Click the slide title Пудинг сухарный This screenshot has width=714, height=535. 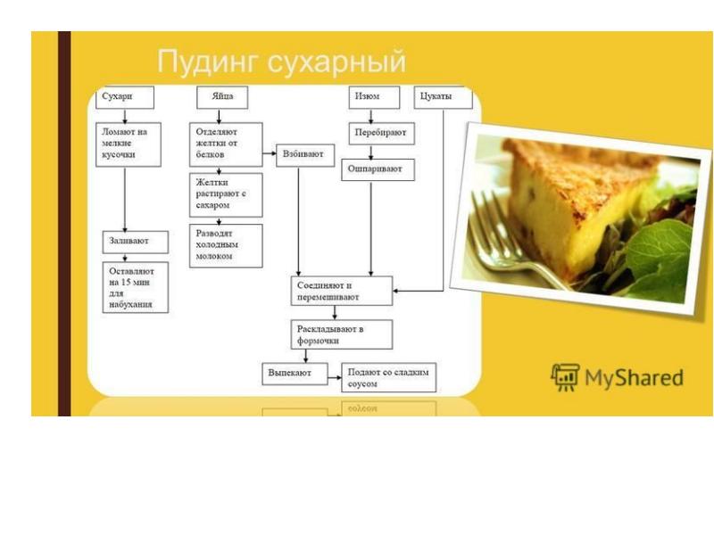[281, 62]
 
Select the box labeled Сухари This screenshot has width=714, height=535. [125, 97]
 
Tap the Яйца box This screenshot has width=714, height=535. [222, 97]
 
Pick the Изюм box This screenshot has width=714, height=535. [374, 97]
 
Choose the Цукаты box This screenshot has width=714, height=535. [443, 97]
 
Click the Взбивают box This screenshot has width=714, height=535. [305, 155]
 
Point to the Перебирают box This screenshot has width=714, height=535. [382, 133]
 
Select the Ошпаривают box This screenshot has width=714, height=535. [378, 169]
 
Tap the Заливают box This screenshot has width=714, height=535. [136, 242]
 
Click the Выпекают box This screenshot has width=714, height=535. [295, 374]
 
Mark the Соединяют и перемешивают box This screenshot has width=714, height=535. [342, 291]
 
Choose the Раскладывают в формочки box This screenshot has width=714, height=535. [342, 334]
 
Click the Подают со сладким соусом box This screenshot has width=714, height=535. [389, 377]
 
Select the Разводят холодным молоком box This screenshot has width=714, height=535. [226, 246]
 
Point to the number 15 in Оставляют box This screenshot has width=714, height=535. [127, 282]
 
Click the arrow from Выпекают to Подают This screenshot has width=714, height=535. [335, 377]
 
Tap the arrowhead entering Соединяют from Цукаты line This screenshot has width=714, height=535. [395, 291]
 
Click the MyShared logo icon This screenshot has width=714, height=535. [565, 377]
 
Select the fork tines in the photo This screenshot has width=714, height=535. [488, 226]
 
